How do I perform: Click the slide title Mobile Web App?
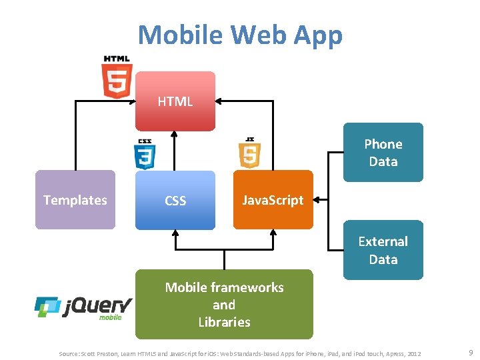click(x=240, y=35)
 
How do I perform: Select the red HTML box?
click(x=175, y=101)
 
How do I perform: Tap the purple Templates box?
click(x=75, y=200)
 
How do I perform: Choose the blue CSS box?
click(x=175, y=200)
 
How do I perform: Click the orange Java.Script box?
click(x=273, y=200)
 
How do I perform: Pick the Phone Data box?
click(x=383, y=152)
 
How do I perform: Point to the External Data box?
click(x=383, y=250)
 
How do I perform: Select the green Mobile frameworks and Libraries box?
click(x=223, y=305)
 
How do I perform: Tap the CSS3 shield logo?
click(x=145, y=154)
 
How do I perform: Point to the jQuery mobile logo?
click(x=83, y=307)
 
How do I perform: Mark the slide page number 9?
click(x=470, y=351)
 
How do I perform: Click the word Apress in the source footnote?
click(x=390, y=352)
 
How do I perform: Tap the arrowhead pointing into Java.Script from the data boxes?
click(x=317, y=199)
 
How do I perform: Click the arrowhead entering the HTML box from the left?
click(x=131, y=101)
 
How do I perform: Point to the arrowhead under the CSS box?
click(x=175, y=233)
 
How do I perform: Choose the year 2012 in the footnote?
click(x=413, y=352)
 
